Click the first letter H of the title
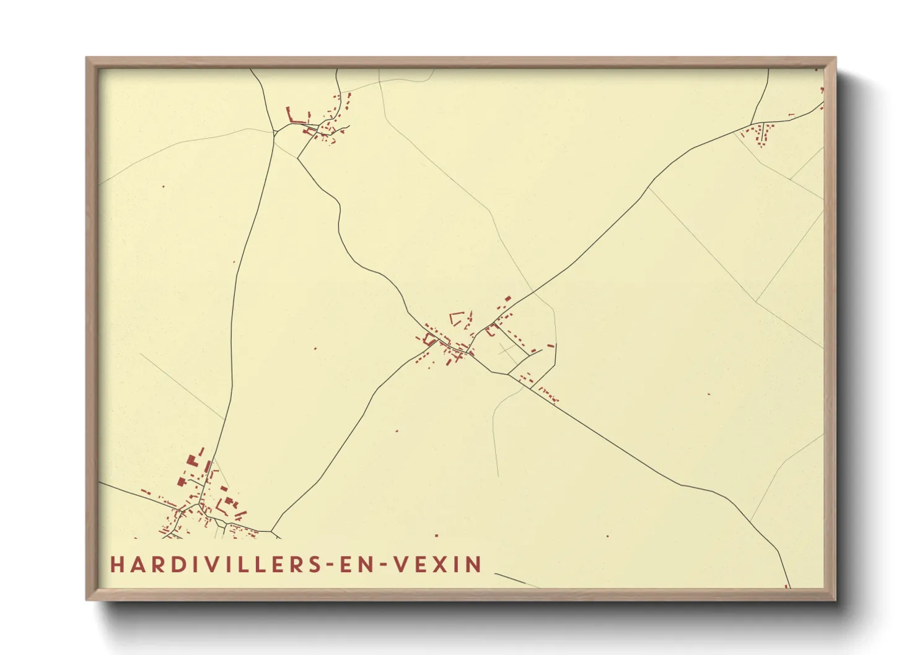[x=117, y=565]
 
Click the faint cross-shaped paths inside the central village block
[x=507, y=351]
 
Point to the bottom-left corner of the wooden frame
[x=87, y=599]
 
